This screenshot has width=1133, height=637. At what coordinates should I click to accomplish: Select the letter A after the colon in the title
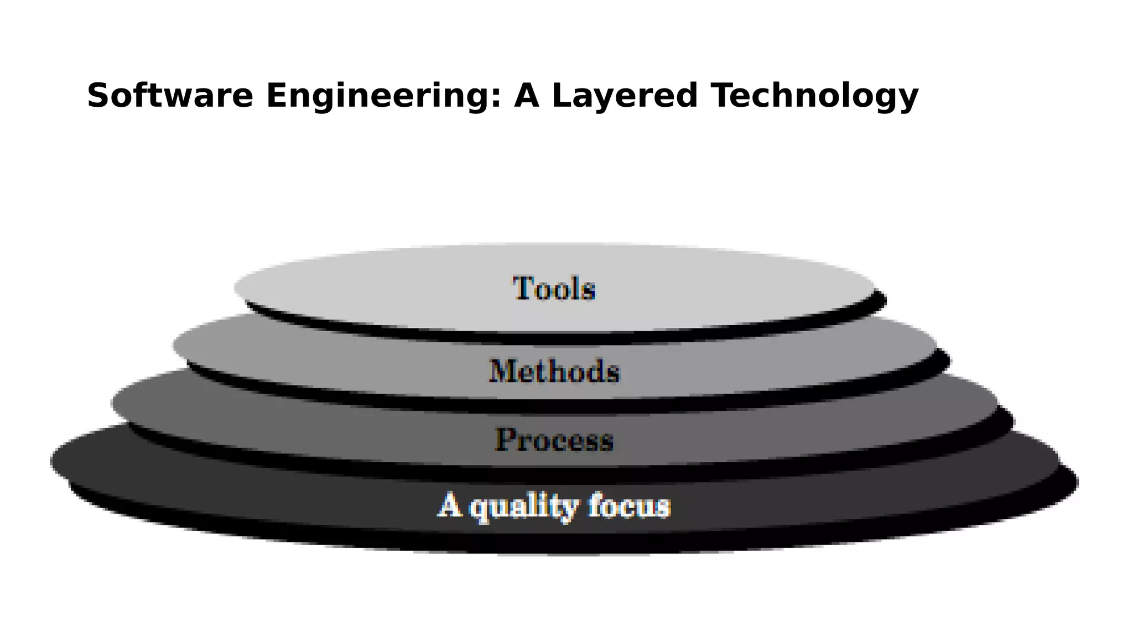coord(528,95)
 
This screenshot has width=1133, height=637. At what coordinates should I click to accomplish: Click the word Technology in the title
coord(815,96)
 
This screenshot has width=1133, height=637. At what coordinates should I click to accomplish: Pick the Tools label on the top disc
coord(554,289)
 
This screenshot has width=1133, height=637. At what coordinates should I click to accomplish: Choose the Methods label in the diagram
coord(554,371)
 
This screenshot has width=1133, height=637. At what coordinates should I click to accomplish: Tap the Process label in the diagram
coord(554,440)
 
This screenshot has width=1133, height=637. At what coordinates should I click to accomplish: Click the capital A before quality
coord(449,505)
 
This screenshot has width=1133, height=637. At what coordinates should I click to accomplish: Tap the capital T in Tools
coord(522,288)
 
